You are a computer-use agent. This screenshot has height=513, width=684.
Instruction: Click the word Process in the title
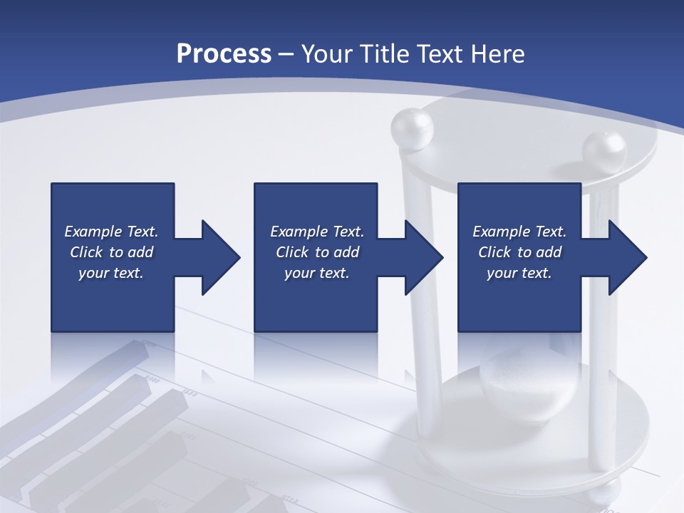pyautogui.click(x=224, y=54)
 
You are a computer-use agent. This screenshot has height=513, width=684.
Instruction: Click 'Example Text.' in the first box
pyautogui.click(x=111, y=232)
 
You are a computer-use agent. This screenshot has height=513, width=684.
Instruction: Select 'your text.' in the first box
pyautogui.click(x=111, y=273)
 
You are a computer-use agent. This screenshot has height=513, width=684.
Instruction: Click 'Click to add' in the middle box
pyautogui.click(x=317, y=252)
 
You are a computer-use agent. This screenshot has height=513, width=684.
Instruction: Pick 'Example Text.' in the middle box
pyautogui.click(x=317, y=232)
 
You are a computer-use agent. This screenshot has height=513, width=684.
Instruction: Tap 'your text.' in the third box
pyautogui.click(x=519, y=273)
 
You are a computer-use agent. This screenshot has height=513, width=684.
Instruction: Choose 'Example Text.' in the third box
pyautogui.click(x=519, y=232)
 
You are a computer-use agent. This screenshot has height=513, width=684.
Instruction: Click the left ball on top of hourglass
pyautogui.click(x=412, y=129)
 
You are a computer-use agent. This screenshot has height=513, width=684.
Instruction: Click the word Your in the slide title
pyautogui.click(x=327, y=54)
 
